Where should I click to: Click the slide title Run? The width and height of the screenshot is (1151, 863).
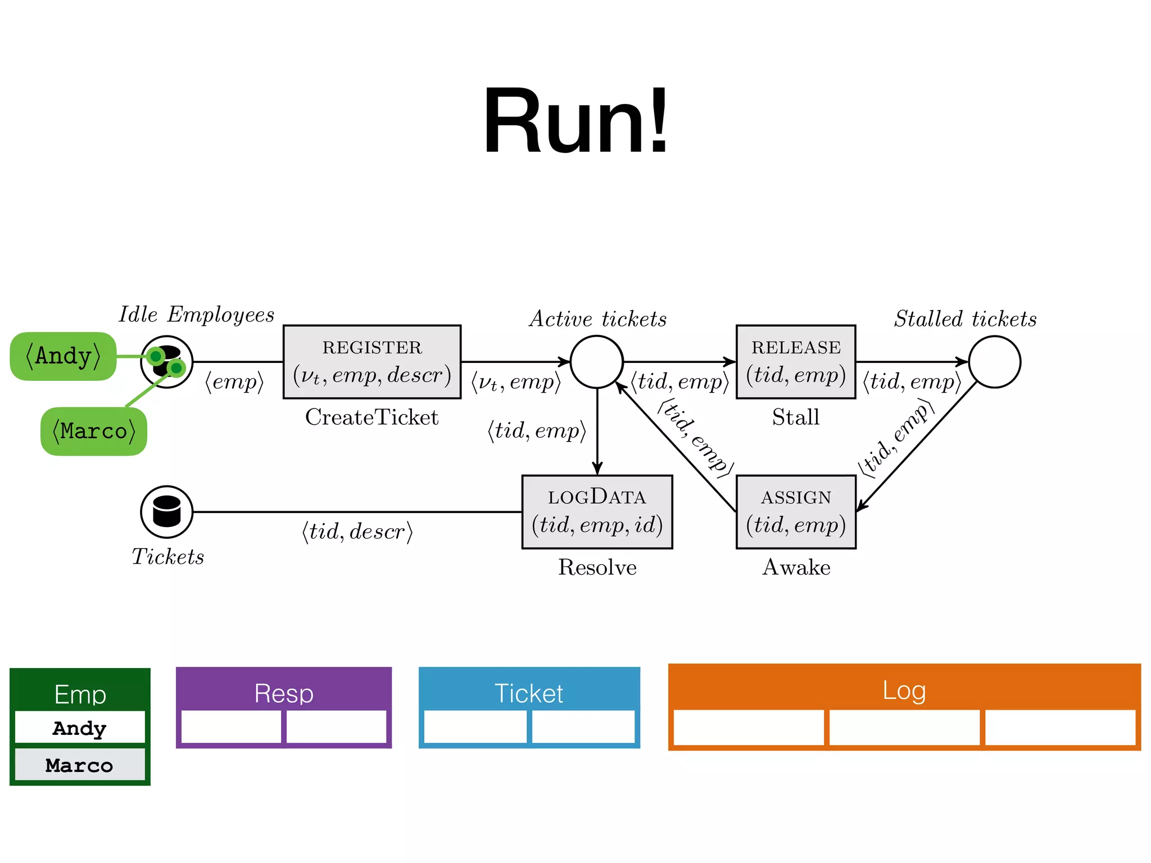click(x=575, y=121)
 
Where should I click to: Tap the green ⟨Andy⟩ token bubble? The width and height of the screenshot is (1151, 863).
click(x=63, y=356)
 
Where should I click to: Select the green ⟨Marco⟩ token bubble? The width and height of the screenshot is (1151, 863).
click(x=94, y=431)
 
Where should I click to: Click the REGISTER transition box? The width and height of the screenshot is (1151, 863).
click(x=372, y=362)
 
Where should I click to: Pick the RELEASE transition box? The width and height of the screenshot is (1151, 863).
click(x=796, y=362)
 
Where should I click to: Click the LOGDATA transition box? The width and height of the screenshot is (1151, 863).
click(x=597, y=512)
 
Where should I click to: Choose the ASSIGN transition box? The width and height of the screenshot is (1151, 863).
click(x=796, y=512)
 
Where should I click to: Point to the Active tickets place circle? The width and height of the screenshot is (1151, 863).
click(x=597, y=362)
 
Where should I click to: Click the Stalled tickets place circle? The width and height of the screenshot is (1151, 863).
click(x=994, y=362)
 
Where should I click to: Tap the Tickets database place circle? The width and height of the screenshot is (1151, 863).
click(x=167, y=512)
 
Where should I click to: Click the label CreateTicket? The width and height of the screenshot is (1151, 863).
click(x=371, y=417)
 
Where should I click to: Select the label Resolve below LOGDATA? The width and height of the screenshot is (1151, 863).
click(x=597, y=567)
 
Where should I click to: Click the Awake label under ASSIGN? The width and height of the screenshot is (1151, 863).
click(x=796, y=567)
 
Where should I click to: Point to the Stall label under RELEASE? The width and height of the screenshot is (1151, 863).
click(x=796, y=417)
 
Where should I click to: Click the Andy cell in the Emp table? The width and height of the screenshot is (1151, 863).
click(x=80, y=728)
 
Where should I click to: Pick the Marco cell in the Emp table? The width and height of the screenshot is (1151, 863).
click(x=80, y=765)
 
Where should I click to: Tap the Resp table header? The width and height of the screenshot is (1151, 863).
click(x=284, y=693)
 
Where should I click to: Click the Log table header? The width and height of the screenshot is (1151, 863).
click(x=904, y=690)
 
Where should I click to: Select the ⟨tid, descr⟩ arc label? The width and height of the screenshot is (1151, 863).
click(x=357, y=532)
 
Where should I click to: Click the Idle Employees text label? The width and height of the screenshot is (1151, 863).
click(x=197, y=315)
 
